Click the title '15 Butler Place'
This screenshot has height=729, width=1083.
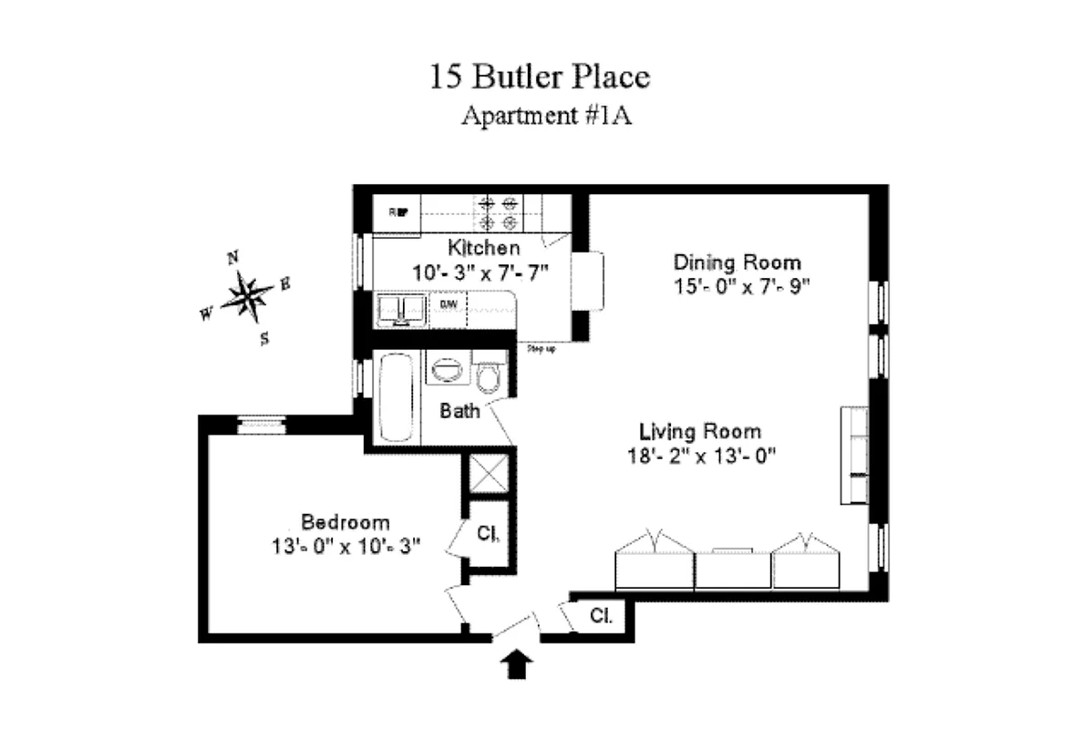click(x=540, y=77)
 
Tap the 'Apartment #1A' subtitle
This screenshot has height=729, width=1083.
click(x=540, y=117)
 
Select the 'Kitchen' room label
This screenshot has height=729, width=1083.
click(x=483, y=247)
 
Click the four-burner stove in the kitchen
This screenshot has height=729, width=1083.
click(x=499, y=213)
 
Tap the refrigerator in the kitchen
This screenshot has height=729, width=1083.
click(x=398, y=213)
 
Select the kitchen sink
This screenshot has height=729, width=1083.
click(x=400, y=309)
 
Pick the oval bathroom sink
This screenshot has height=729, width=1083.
click(x=448, y=372)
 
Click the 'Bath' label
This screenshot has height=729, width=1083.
click(x=459, y=411)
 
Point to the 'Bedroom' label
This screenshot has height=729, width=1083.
click(x=346, y=523)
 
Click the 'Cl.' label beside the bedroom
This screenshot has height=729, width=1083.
click(x=488, y=534)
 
